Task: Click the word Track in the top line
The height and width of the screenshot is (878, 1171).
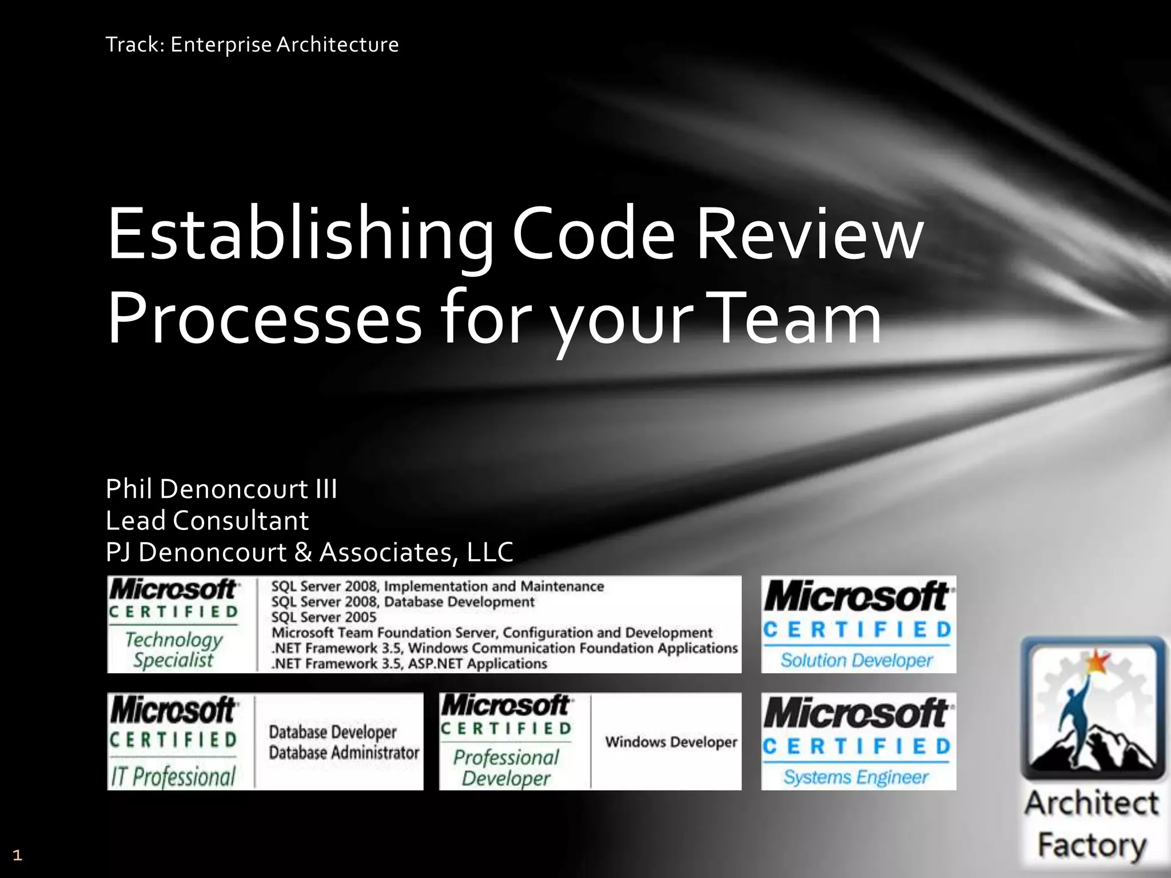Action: click(x=132, y=45)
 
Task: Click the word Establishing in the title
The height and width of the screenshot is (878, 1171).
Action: click(x=299, y=234)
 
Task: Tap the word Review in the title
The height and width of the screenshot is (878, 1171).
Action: click(x=809, y=234)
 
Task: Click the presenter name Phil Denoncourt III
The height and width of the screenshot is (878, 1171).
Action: click(x=221, y=489)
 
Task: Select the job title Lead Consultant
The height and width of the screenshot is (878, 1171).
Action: click(x=207, y=521)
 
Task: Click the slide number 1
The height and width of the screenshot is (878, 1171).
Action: click(x=17, y=855)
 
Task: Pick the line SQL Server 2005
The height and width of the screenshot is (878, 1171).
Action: click(x=324, y=617)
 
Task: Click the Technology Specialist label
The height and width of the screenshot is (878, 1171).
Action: click(x=173, y=649)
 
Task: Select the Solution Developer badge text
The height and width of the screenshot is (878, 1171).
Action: click(x=857, y=661)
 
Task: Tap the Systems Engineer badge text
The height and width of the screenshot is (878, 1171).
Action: click(x=856, y=777)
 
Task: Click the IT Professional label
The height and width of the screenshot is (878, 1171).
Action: click(x=173, y=776)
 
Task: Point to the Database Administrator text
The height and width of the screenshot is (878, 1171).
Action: click(x=344, y=753)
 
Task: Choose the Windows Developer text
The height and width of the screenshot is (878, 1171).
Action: click(x=671, y=742)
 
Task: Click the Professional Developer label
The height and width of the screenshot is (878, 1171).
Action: click(x=506, y=768)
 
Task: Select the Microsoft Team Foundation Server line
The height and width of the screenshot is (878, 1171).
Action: click(x=492, y=633)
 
